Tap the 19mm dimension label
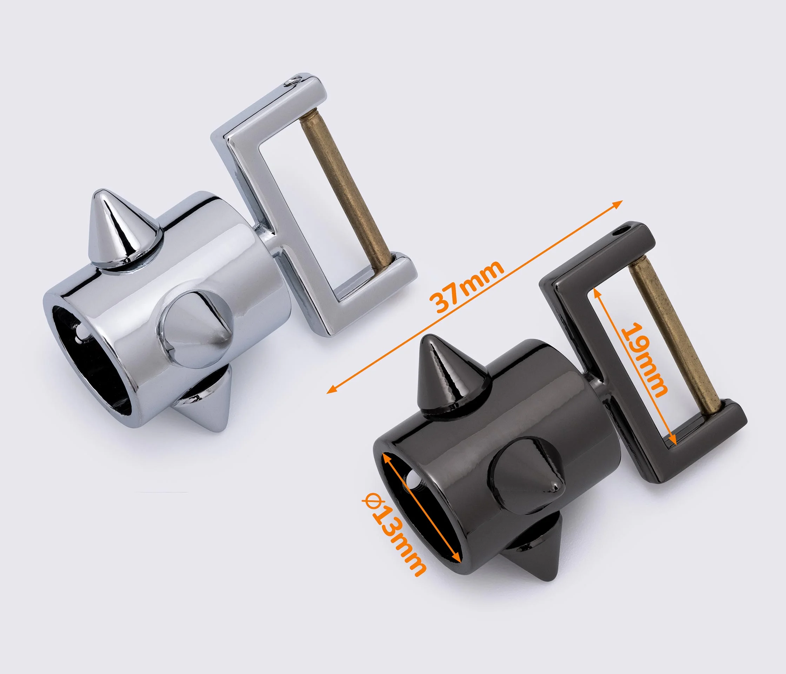(644, 360)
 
